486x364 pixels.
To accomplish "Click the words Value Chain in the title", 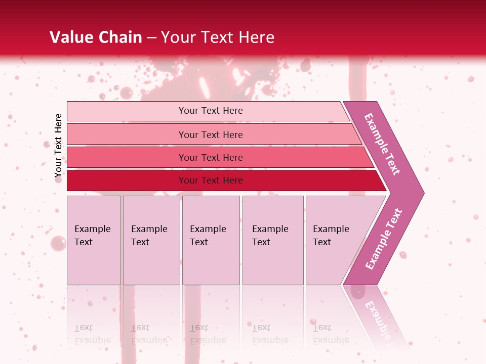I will pos(96,37).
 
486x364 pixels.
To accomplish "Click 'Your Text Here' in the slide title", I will pos(218,37).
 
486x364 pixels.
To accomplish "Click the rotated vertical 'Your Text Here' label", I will pos(59,145).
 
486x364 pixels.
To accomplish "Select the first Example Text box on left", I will pos(94,240).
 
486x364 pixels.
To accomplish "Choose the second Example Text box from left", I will pos(151,240).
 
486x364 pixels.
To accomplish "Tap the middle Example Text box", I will pos(211,240).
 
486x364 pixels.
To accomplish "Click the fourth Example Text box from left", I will pos(273,240).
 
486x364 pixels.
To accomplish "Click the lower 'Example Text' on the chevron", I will pos(384,239).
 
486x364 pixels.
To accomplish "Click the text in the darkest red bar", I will pos(211,180).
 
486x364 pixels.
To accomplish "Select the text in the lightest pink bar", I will pos(211,111).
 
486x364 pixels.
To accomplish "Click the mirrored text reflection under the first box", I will pos(92,334).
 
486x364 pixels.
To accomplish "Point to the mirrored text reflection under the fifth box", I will pos(331,334).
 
